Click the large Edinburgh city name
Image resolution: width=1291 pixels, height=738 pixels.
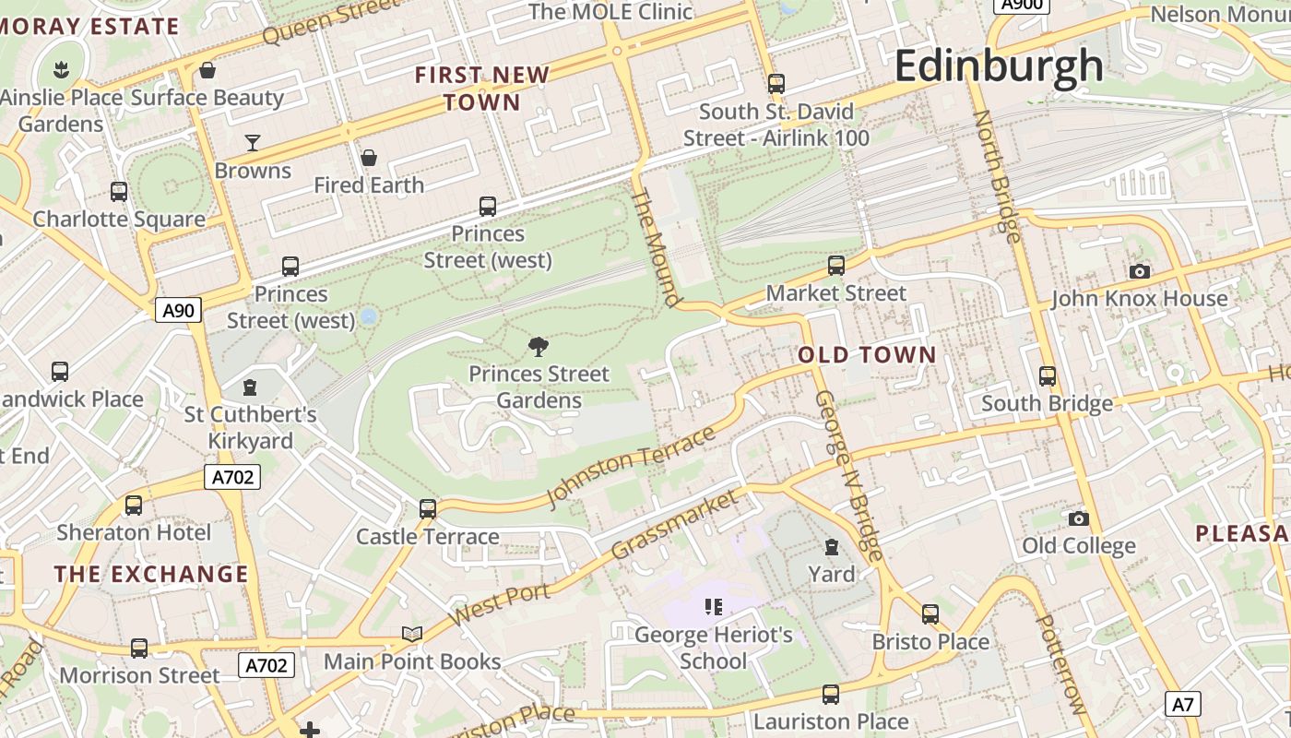(998, 66)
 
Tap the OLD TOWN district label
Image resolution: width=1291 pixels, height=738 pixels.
(867, 355)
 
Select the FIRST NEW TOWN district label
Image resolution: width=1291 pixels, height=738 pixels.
(482, 89)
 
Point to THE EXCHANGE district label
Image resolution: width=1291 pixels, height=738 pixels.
(151, 574)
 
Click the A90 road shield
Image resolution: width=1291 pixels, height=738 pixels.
(178, 310)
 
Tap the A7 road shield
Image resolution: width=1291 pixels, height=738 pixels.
(1183, 705)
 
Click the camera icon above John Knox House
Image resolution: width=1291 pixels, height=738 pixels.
(1140, 271)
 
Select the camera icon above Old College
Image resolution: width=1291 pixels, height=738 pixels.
(1078, 518)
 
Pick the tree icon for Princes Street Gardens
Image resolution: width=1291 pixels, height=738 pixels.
(539, 346)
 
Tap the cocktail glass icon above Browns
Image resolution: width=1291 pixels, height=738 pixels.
(252, 143)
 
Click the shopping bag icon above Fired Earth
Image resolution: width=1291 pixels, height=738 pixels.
(369, 158)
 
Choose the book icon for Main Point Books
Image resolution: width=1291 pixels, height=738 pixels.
(412, 634)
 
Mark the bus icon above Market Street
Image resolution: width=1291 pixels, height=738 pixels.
(836, 266)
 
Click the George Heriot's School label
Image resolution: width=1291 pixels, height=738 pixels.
(714, 649)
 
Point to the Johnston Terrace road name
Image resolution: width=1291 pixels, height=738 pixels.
(631, 467)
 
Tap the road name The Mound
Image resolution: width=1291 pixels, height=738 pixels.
(657, 247)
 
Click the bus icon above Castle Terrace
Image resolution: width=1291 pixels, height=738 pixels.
(427, 508)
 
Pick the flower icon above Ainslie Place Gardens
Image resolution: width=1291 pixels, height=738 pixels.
(61, 69)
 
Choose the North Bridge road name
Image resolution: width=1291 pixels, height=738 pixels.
(997, 176)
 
